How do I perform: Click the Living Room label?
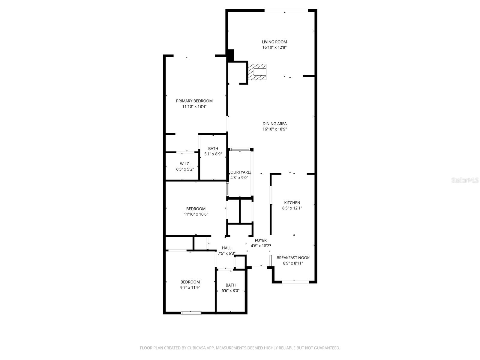click(x=274, y=42)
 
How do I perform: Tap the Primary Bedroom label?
click(x=194, y=101)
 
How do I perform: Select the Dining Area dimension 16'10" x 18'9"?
click(x=274, y=129)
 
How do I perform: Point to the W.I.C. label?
click(x=185, y=164)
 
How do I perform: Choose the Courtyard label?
click(x=239, y=172)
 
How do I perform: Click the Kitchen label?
click(x=292, y=203)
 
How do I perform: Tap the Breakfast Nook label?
click(x=293, y=258)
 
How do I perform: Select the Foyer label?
click(x=261, y=240)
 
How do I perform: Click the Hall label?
click(x=226, y=248)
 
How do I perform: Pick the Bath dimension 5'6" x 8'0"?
click(x=230, y=290)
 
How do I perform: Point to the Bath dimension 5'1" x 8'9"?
click(x=213, y=154)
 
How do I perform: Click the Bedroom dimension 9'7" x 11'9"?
click(x=190, y=287)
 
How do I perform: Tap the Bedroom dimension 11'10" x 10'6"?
click(x=196, y=214)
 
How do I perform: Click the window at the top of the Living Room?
click(x=286, y=11)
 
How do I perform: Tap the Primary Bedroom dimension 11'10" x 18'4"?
click(x=194, y=106)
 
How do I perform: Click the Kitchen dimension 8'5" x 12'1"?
click(x=292, y=208)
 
